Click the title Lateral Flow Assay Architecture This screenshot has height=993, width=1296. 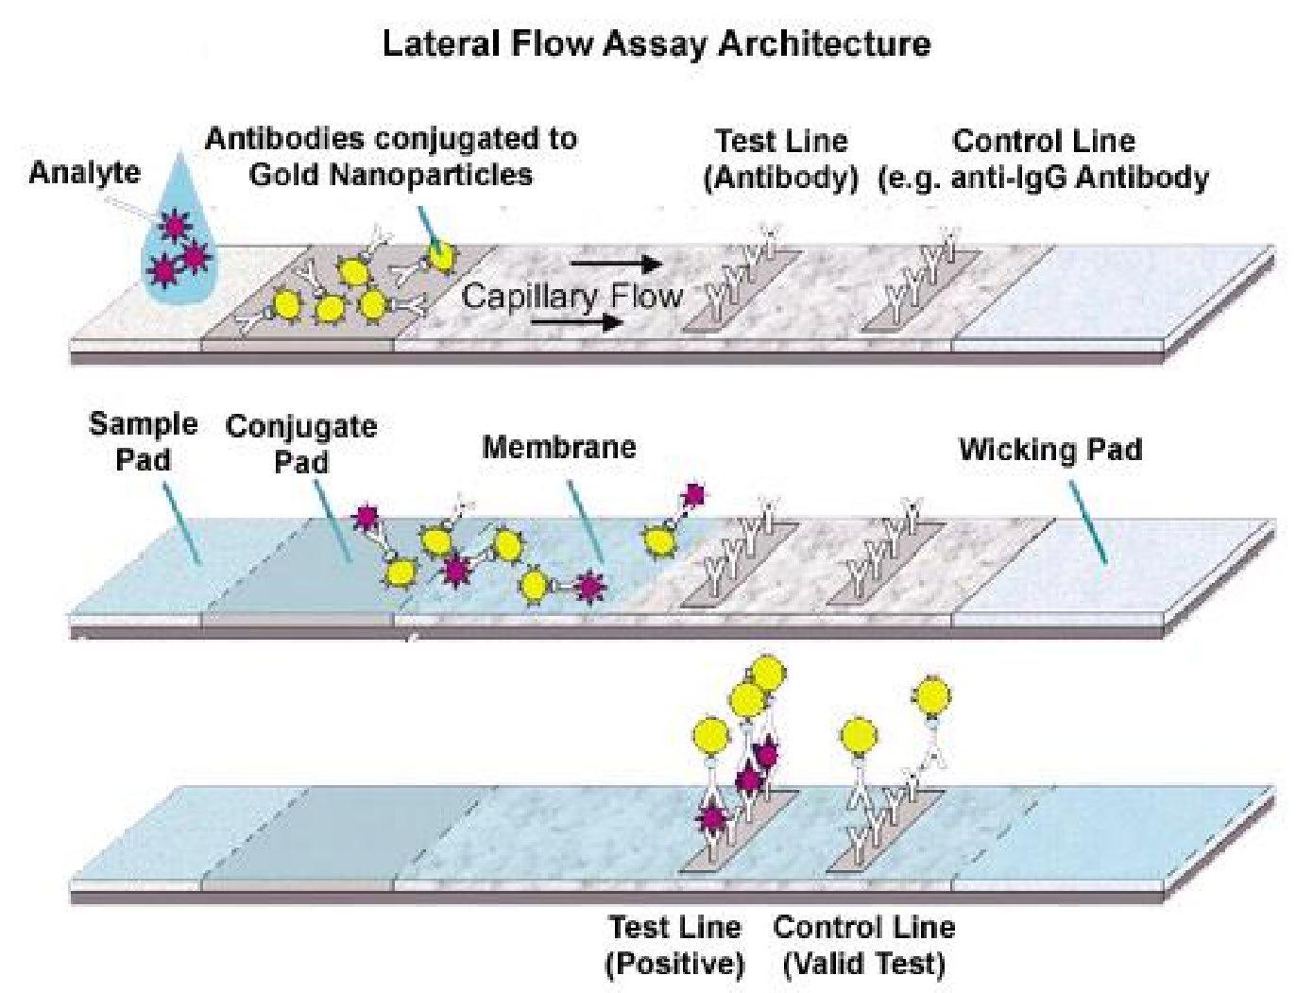click(x=657, y=44)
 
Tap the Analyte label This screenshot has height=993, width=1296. click(x=84, y=172)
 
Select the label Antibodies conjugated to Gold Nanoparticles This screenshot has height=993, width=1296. click(x=391, y=157)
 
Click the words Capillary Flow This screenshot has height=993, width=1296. click(x=571, y=296)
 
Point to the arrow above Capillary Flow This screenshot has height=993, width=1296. click(x=616, y=264)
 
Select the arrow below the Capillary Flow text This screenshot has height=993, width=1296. click(x=576, y=323)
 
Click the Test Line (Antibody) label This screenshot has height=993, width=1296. click(x=781, y=159)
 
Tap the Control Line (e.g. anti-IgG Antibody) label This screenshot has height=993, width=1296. click(x=1043, y=159)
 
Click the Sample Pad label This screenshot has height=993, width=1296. click(x=144, y=441)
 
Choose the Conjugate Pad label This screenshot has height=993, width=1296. click(x=301, y=443)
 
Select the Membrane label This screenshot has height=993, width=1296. click(x=559, y=447)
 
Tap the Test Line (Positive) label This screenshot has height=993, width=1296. click(x=674, y=945)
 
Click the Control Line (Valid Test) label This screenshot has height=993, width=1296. click(x=863, y=945)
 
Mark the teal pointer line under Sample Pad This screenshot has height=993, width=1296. click(x=180, y=523)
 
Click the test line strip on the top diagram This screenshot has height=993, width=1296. click(x=742, y=290)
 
